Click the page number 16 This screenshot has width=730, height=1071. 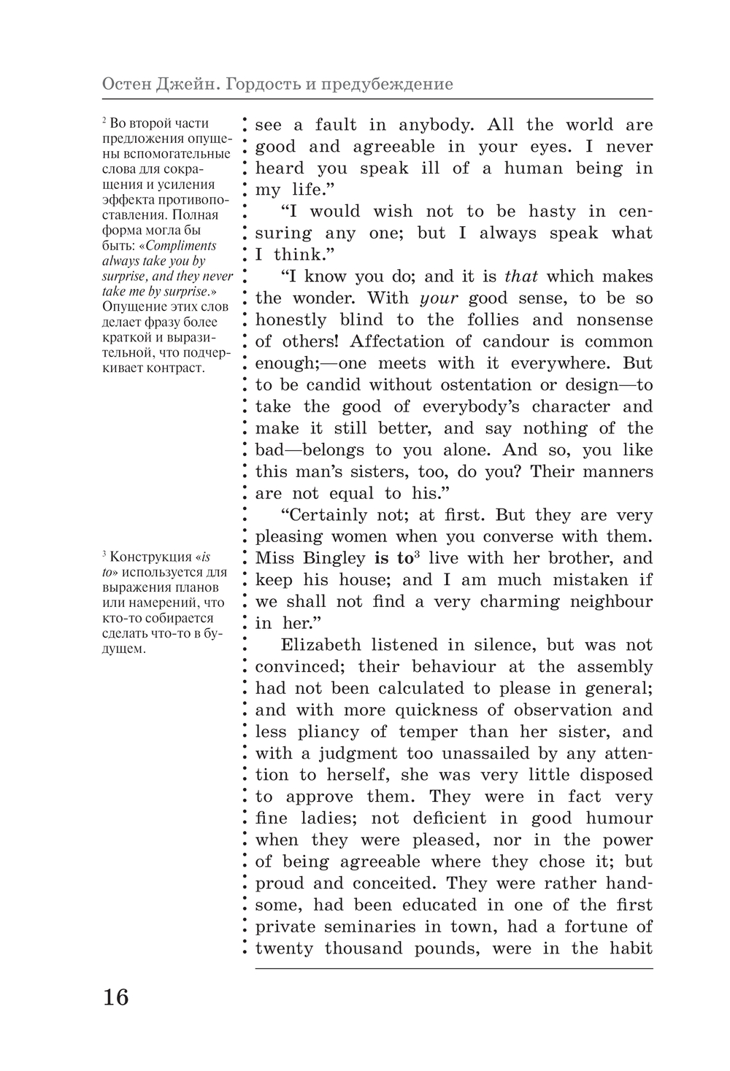pyautogui.click(x=115, y=997)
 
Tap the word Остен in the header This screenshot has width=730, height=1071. pyautogui.click(x=125, y=84)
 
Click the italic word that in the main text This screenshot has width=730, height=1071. pyautogui.click(x=521, y=277)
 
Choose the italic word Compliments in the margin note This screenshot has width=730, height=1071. pyautogui.click(x=181, y=246)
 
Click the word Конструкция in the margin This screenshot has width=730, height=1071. pyautogui.click(x=142, y=557)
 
